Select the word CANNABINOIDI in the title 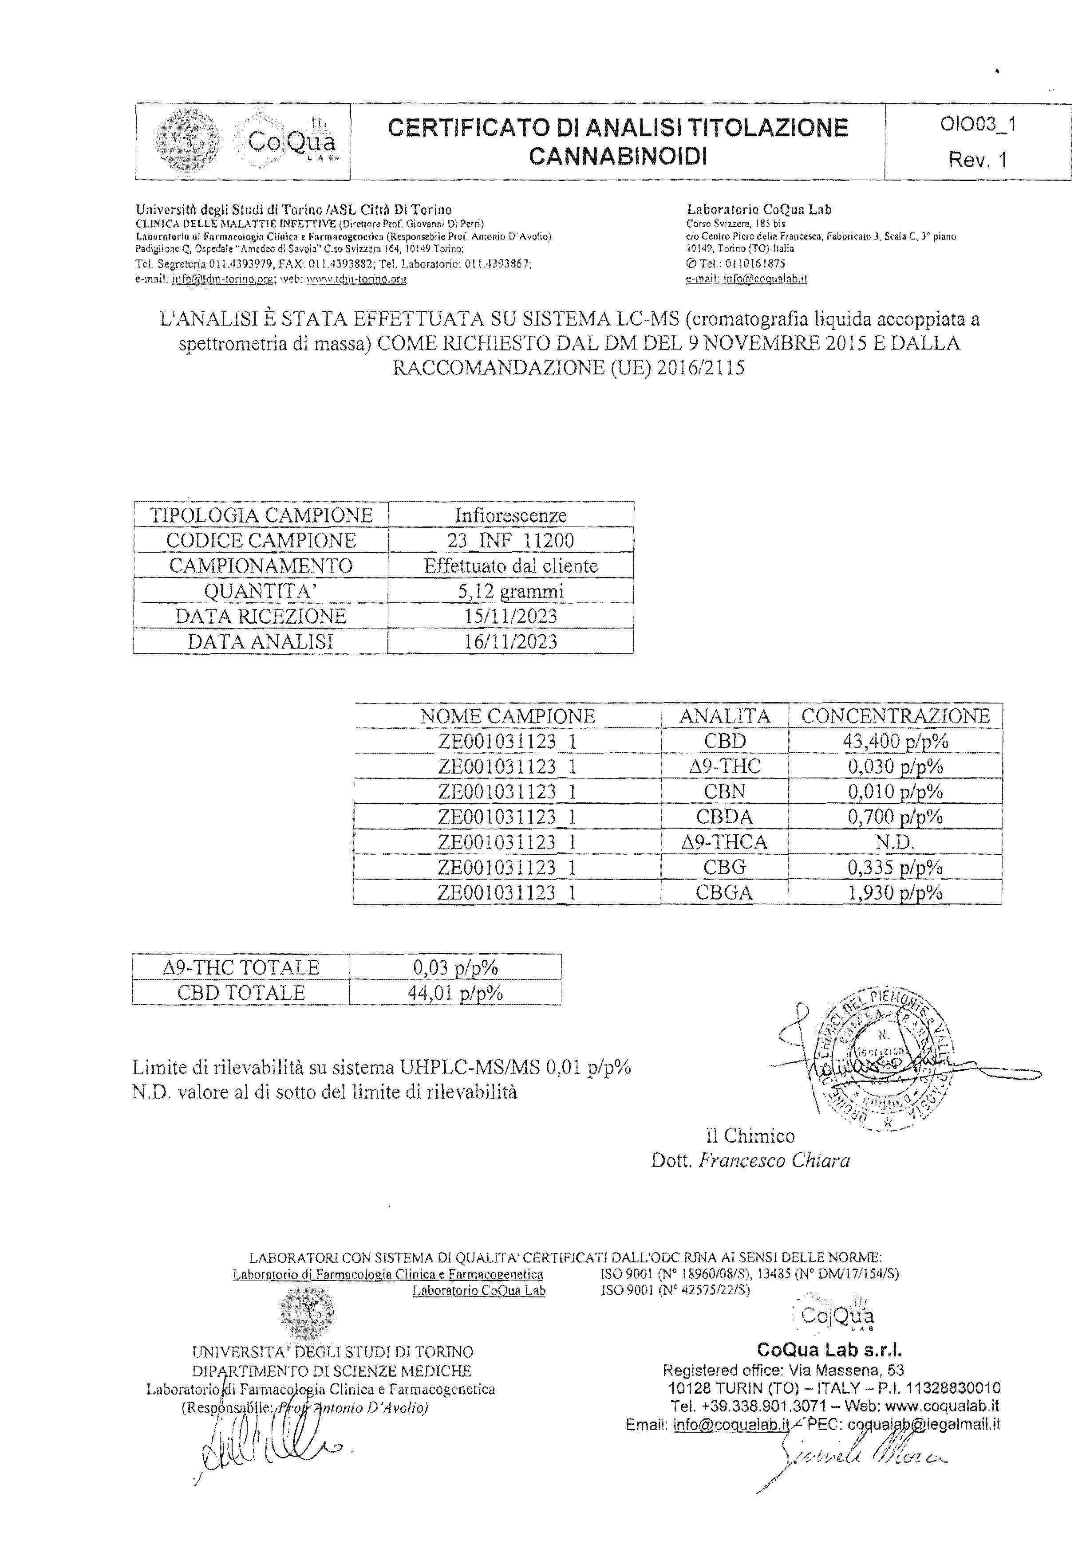tap(618, 157)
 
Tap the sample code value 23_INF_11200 tap(511, 540)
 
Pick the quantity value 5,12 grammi tap(511, 591)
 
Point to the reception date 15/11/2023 tap(511, 616)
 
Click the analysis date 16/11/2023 tap(511, 641)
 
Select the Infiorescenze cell tap(511, 515)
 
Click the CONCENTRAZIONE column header tap(895, 715)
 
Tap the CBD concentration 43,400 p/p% tap(895, 741)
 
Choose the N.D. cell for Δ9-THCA tap(895, 842)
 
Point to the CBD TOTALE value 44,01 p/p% tap(455, 993)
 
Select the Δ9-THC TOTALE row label tap(241, 968)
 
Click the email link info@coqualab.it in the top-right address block tap(765, 279)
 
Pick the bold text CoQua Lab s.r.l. tap(829, 1350)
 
